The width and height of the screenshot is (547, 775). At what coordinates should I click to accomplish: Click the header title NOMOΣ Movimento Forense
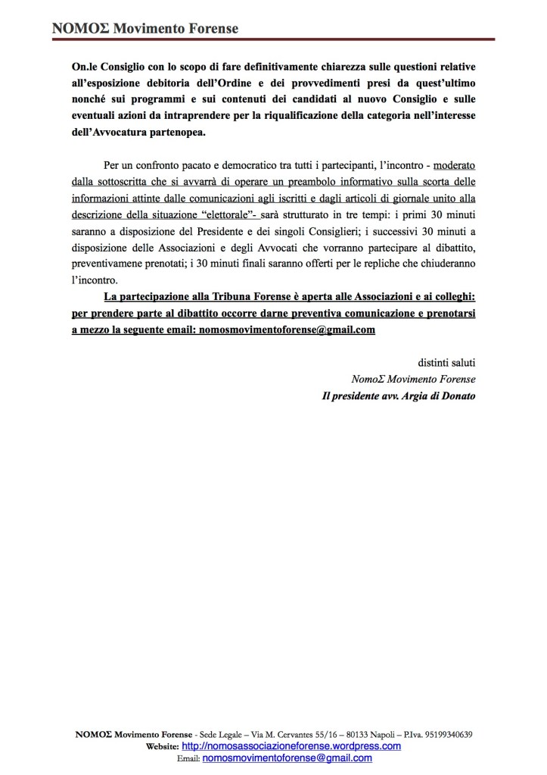(145, 29)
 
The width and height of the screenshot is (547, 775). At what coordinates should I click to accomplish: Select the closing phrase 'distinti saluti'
(446, 361)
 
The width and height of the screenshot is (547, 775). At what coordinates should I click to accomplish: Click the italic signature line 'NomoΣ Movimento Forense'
(413, 378)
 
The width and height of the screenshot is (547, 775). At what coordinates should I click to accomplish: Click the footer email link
(287, 758)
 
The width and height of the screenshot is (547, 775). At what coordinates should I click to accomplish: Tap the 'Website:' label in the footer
(163, 746)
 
